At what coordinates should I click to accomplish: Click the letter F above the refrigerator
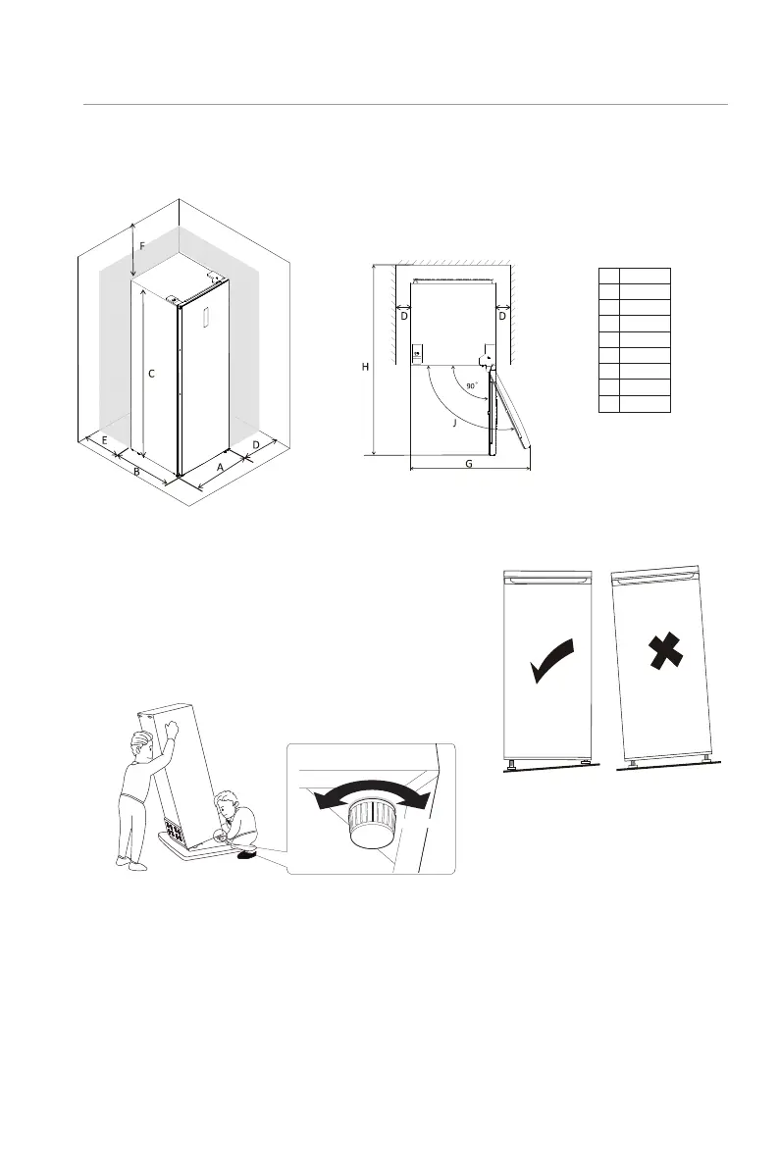[x=141, y=246]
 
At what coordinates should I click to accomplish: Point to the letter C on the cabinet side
[x=149, y=374]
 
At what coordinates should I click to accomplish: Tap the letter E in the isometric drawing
[x=104, y=441]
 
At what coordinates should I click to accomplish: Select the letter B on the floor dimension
[x=137, y=473]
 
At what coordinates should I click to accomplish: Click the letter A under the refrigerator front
[x=220, y=468]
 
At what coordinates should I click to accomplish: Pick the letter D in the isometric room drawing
[x=256, y=445]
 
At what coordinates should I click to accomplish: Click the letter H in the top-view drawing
[x=365, y=367]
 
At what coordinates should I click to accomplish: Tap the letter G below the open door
[x=469, y=464]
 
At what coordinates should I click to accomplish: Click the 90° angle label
[x=473, y=386]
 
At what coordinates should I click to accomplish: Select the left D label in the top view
[x=403, y=316]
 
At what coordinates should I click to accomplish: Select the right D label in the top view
[x=501, y=316]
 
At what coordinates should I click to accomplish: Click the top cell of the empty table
[x=635, y=274]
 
